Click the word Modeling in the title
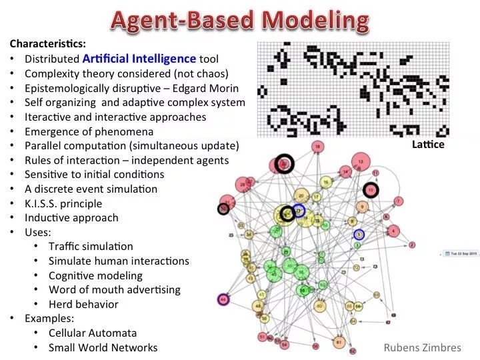point(315,21)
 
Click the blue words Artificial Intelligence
point(139,59)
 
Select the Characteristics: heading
point(47,44)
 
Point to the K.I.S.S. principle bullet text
point(63,203)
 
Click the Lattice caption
point(428,144)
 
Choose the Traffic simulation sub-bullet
point(91,247)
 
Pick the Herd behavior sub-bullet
point(83,305)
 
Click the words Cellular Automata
point(93,333)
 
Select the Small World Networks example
point(103,348)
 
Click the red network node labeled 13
point(361,161)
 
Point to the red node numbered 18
point(318,147)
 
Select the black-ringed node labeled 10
point(371,191)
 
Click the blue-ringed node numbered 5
point(359,235)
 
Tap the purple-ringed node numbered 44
point(223,300)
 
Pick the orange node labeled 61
point(338,342)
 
